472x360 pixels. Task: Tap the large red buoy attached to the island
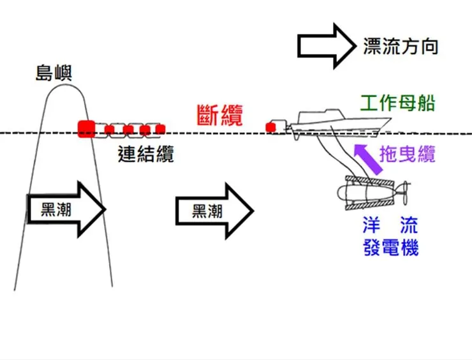point(85,128)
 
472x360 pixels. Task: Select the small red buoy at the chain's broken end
point(159,129)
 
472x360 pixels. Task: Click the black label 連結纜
point(146,154)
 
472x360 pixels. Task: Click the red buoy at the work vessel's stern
point(271,128)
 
